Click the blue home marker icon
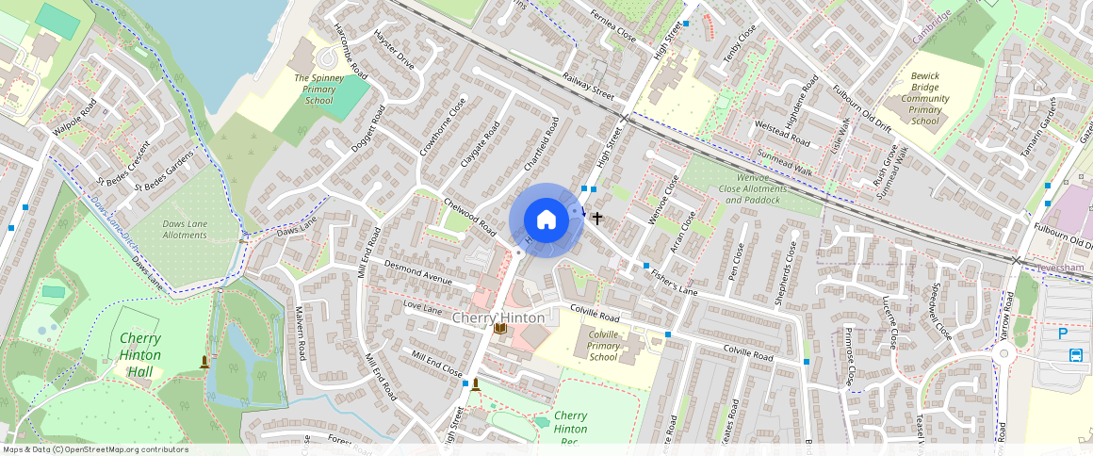point(546,220)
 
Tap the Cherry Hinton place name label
point(498,318)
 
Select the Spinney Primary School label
point(314,89)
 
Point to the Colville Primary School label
point(603,346)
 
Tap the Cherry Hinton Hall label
point(139,354)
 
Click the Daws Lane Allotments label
point(185,229)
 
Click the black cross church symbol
point(597,218)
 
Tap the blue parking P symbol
point(1063,333)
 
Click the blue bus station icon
point(1076,355)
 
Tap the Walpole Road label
point(75,119)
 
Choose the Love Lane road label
point(422,308)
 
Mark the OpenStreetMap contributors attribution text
point(96,449)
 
